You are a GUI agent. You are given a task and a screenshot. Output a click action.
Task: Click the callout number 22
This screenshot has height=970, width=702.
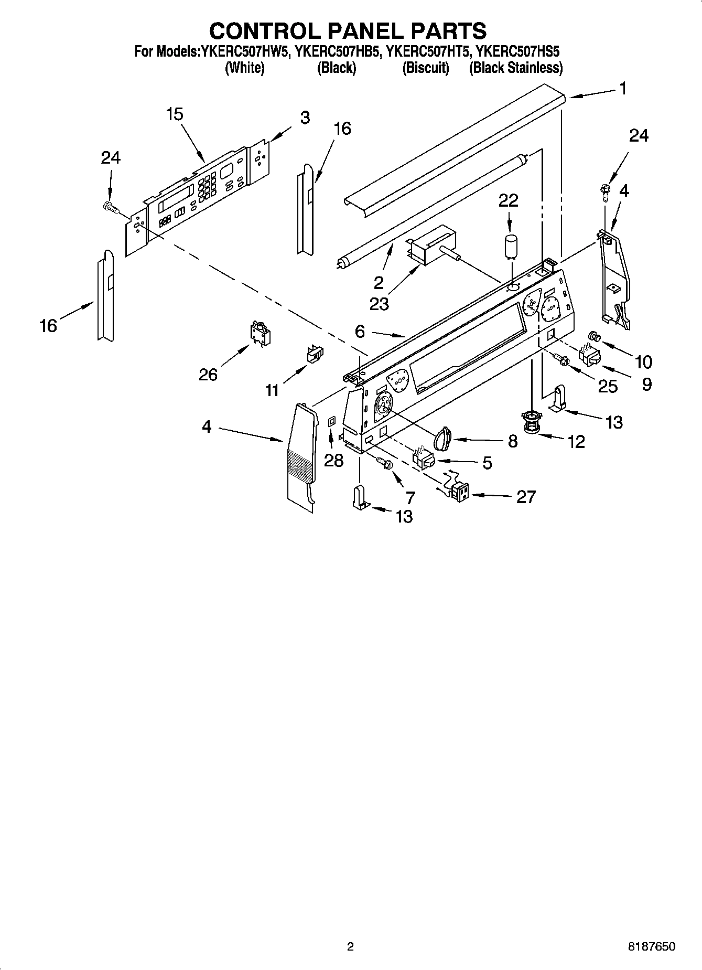coord(508,200)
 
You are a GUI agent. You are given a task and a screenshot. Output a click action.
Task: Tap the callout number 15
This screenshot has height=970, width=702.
coord(175,114)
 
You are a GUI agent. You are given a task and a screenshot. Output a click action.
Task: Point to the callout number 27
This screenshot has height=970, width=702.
coord(526,496)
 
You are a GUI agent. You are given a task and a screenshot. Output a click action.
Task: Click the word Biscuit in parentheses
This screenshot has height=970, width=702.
coord(425,68)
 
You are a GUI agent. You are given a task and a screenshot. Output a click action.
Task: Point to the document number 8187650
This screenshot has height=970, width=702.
coord(652,946)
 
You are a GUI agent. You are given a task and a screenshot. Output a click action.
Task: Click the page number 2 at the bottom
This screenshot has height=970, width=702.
coord(351,946)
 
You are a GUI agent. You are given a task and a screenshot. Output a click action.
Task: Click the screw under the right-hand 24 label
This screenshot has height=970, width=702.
coord(604,194)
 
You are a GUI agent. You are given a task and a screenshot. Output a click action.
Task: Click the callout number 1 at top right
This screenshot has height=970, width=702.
coord(622,89)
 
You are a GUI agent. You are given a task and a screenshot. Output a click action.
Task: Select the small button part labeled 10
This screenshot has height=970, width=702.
coord(595,336)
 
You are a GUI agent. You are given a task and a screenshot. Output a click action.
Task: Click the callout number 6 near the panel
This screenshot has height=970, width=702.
coord(360,331)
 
